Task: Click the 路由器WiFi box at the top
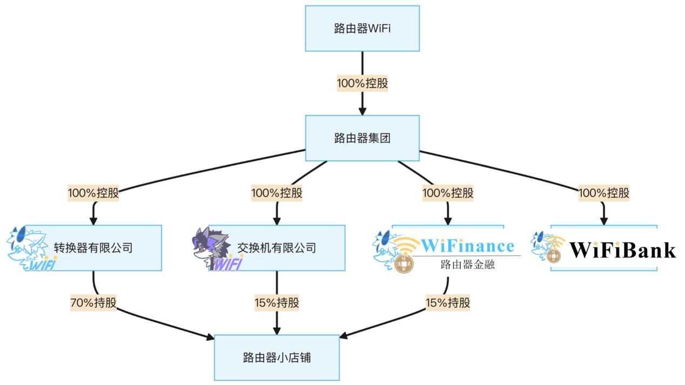(x=362, y=29)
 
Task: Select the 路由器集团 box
(x=362, y=138)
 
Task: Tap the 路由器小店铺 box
(x=277, y=357)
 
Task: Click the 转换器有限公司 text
(x=93, y=248)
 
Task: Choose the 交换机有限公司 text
(x=277, y=248)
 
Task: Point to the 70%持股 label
(x=93, y=302)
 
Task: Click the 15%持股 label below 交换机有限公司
(x=277, y=302)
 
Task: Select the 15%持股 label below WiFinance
(x=448, y=302)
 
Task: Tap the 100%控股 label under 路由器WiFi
(x=362, y=84)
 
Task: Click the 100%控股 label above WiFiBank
(x=603, y=193)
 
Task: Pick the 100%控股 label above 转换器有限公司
(x=93, y=193)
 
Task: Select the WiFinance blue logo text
(x=467, y=246)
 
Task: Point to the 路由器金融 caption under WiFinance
(x=467, y=265)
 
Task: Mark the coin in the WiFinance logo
(x=402, y=264)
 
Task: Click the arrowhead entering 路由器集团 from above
(x=362, y=111)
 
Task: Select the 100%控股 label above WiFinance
(x=448, y=193)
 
